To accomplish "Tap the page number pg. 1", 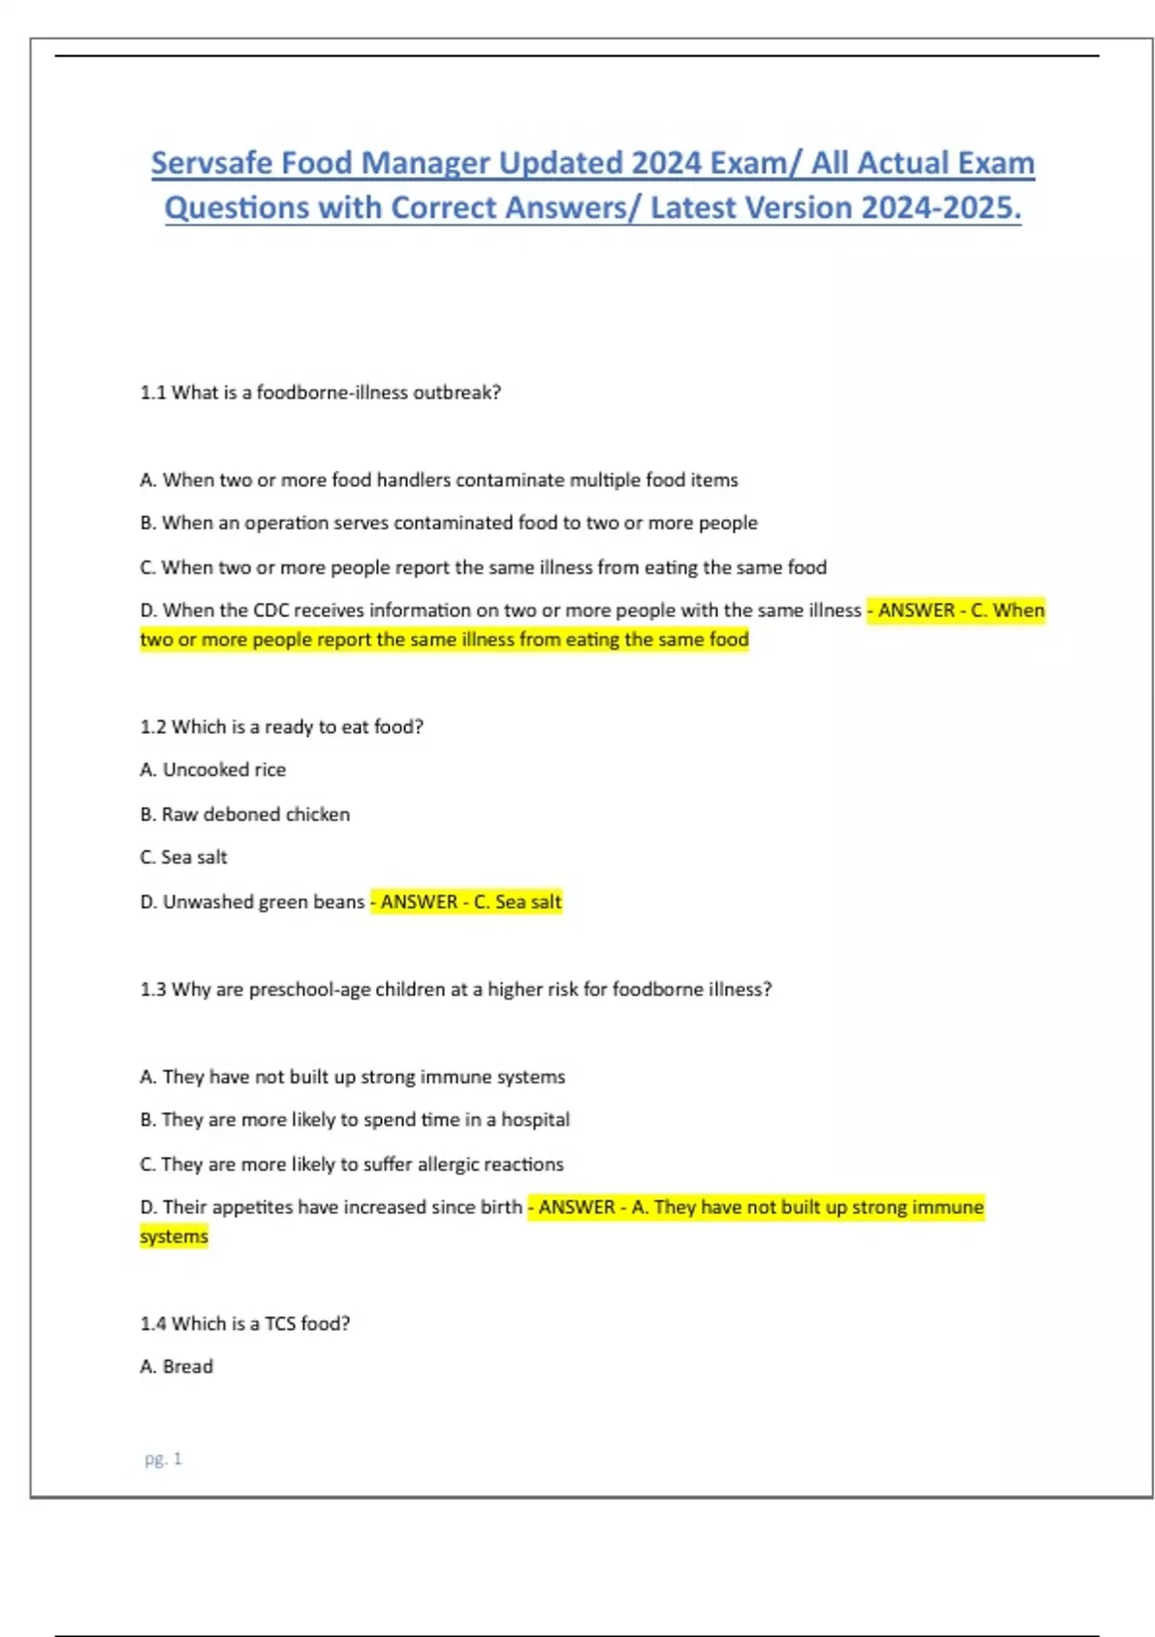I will tap(163, 1459).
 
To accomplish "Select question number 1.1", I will tap(153, 393).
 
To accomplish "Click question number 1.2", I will tap(153, 727).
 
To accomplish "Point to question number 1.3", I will tap(153, 990).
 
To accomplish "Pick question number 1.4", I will tap(153, 1324).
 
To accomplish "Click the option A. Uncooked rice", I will tap(213, 770).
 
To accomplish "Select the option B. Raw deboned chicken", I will tap(244, 815).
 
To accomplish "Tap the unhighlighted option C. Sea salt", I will tap(184, 857).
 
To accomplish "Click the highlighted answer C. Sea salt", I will tap(518, 902).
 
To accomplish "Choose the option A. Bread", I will tap(176, 1366).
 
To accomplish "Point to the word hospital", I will tap(535, 1120).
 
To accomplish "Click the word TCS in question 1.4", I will tap(280, 1324).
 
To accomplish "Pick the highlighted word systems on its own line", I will tap(174, 1236).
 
